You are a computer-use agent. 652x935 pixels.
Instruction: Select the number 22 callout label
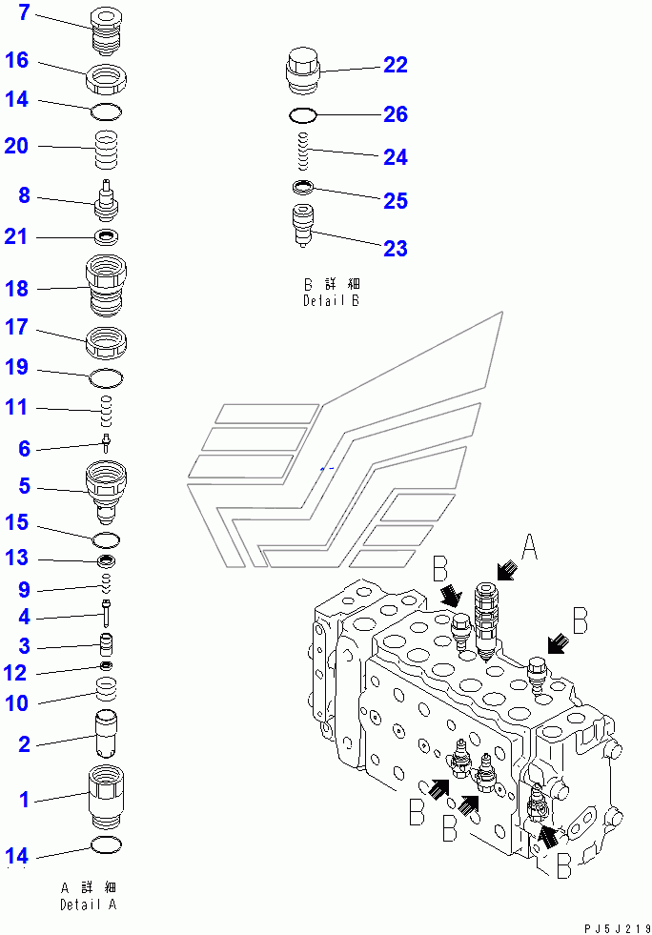point(395,65)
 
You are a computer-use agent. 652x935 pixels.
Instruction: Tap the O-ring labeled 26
point(303,115)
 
